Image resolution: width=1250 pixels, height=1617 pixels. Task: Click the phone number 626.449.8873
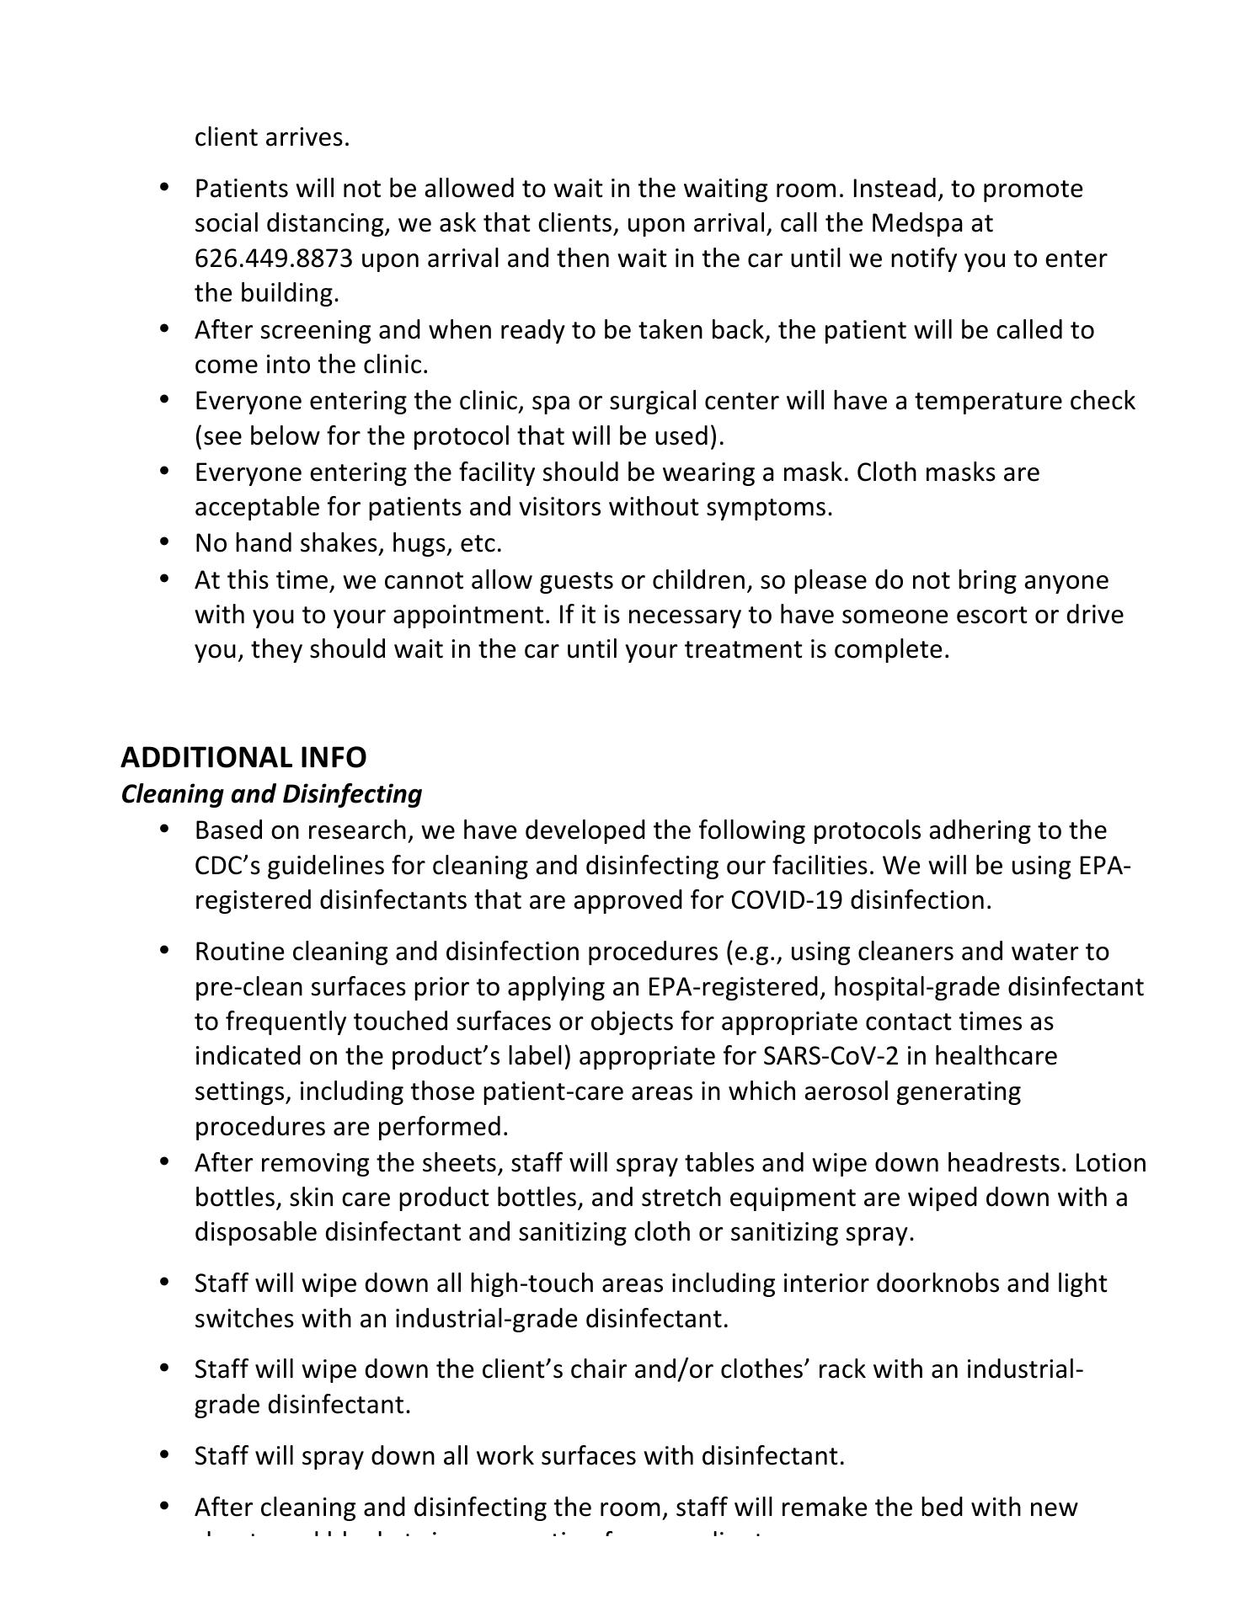click(x=274, y=259)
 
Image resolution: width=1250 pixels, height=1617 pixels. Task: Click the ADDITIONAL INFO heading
click(x=243, y=757)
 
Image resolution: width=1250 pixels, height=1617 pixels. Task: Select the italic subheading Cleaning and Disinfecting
click(x=271, y=793)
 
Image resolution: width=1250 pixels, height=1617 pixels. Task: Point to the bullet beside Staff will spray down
click(x=163, y=1454)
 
